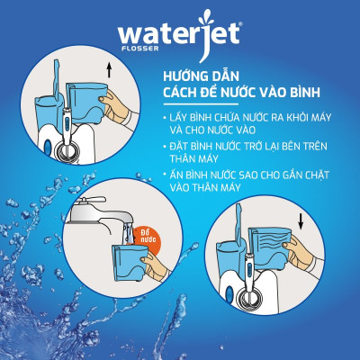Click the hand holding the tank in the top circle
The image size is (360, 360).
[115, 97]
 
